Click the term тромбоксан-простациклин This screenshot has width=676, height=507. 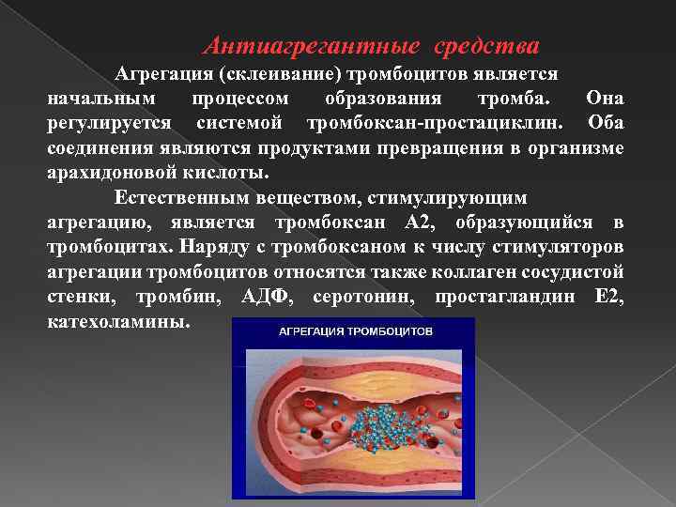[436, 124]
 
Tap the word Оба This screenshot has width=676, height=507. [606, 124]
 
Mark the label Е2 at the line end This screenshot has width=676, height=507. [608, 298]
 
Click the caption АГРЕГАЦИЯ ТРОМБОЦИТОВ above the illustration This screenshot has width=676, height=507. [354, 332]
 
